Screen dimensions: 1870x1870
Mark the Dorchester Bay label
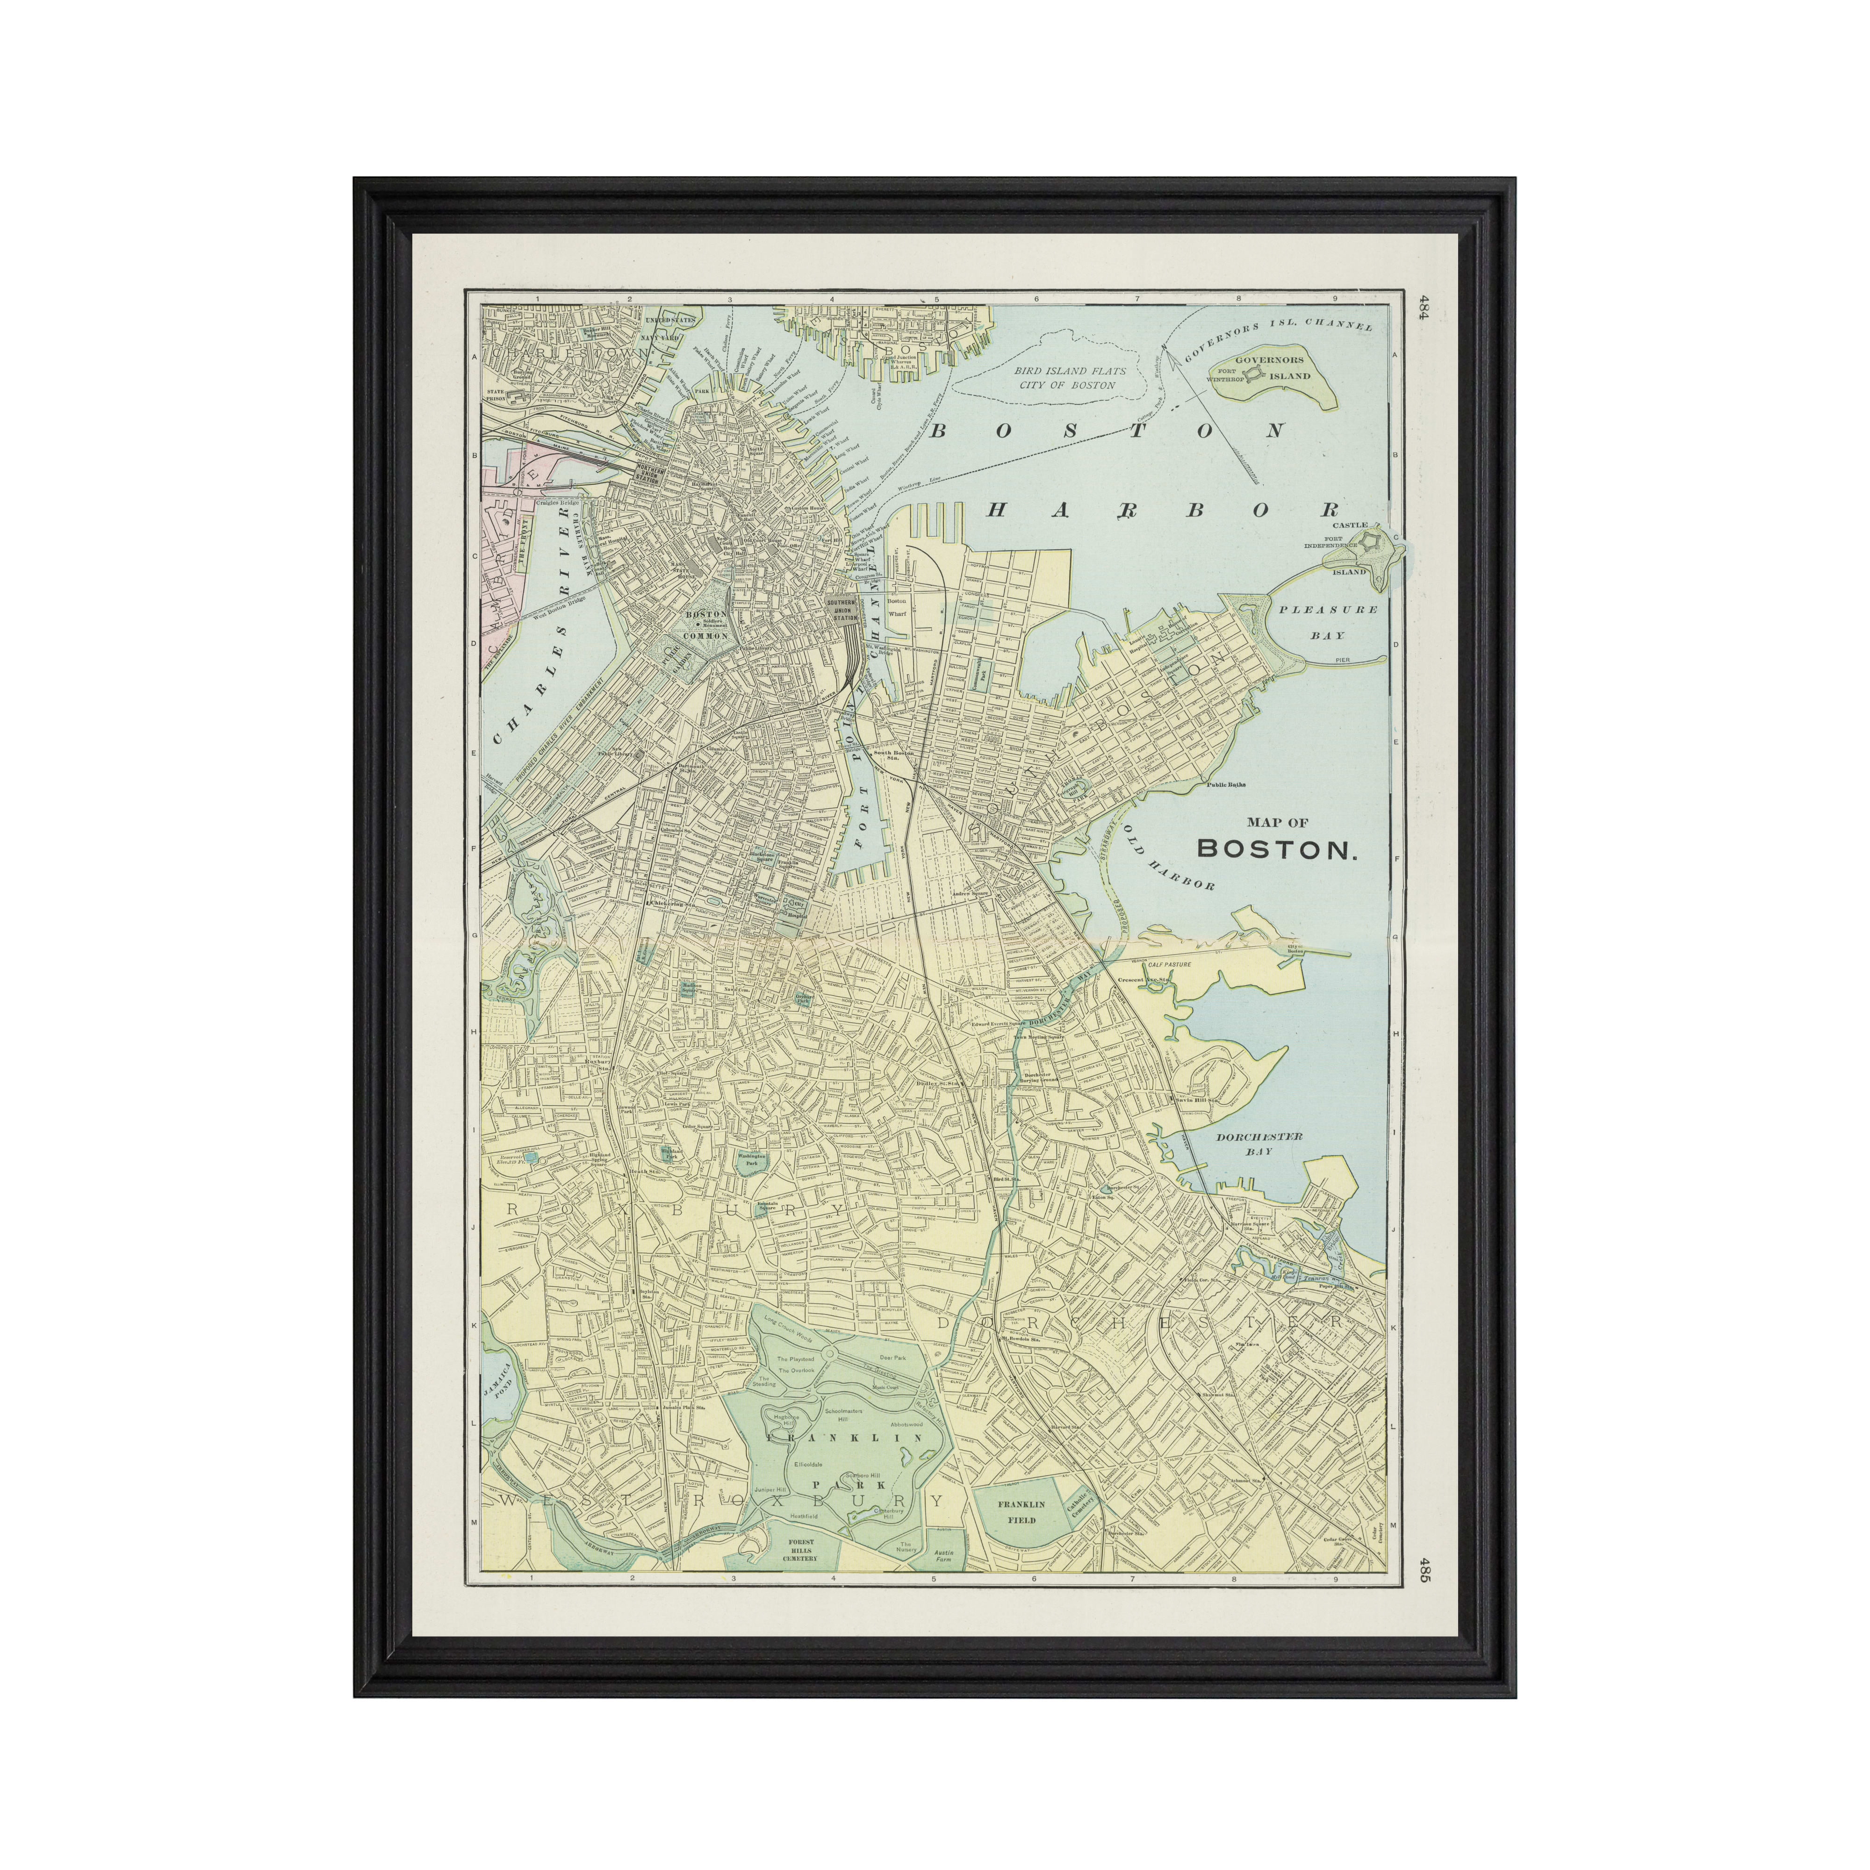(1259, 1144)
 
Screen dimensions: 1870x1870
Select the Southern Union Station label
(842, 610)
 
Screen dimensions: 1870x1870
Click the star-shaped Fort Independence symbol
(1371, 545)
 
